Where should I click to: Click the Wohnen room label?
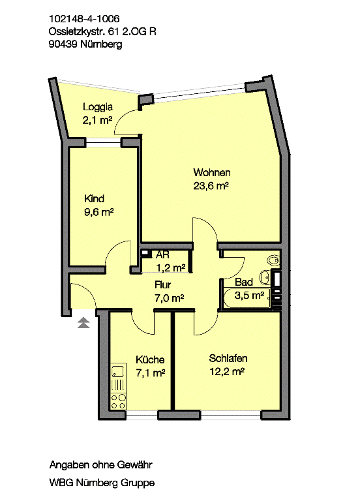[x=212, y=172]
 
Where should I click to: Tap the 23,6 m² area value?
[x=211, y=186]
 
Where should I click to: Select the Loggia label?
[x=98, y=107]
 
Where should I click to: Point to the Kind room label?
[x=94, y=199]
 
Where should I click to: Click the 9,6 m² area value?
[x=99, y=212]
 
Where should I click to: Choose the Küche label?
[x=150, y=359]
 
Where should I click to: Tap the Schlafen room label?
[x=228, y=358]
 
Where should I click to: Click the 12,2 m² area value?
[x=227, y=372]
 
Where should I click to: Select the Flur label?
[x=162, y=284]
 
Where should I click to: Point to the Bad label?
[x=244, y=282]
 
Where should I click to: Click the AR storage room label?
[x=162, y=255]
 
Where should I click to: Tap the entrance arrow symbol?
[x=83, y=323]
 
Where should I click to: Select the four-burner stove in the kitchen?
[x=118, y=401]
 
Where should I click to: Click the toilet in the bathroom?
[x=274, y=260]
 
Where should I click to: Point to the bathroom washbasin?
[x=265, y=278]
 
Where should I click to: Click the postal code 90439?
[x=63, y=44]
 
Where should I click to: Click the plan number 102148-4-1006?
[x=84, y=18]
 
